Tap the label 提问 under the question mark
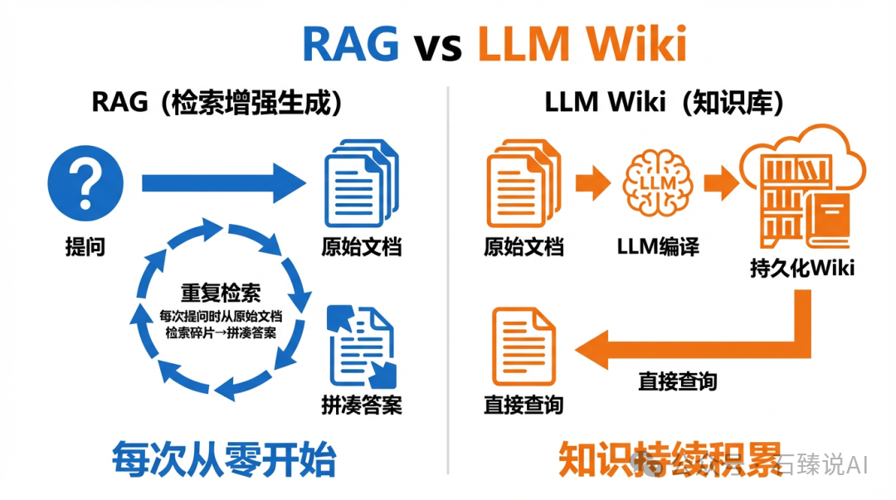coord(85,246)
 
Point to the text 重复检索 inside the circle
coord(221,293)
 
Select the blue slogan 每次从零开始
coord(224,459)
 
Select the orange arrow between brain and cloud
coord(719,182)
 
